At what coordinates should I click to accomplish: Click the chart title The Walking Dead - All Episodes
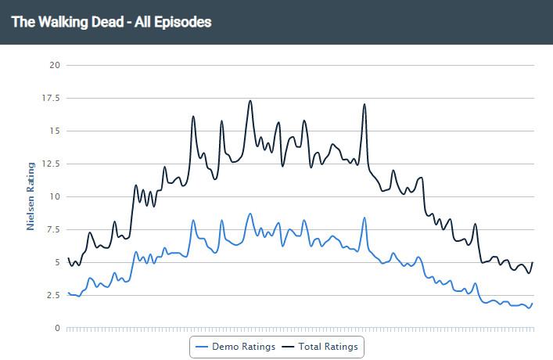(111, 22)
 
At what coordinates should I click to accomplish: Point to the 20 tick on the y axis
(54, 65)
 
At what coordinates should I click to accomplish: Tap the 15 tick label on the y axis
(54, 131)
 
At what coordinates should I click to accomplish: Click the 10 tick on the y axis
(54, 196)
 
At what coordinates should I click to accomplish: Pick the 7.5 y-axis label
(52, 230)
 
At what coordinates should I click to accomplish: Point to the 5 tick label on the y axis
(56, 263)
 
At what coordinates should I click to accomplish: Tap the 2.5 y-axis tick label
(52, 296)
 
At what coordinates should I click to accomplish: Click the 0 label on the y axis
(56, 329)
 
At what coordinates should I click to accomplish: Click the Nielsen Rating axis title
(31, 196)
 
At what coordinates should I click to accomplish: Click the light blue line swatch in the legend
(203, 346)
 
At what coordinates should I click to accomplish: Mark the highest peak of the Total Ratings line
(250, 101)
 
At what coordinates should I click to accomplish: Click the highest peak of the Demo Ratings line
(250, 214)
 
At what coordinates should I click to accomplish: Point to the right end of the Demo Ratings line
(533, 303)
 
